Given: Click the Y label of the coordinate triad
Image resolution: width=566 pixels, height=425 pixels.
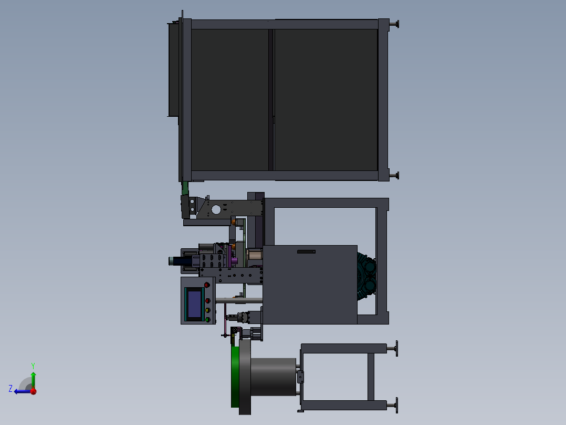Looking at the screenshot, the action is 33,366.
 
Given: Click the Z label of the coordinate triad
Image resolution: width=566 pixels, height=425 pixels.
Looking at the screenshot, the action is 11,389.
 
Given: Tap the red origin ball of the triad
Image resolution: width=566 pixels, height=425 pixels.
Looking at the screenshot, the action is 33,391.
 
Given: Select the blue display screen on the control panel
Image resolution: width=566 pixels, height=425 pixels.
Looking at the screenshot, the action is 195,304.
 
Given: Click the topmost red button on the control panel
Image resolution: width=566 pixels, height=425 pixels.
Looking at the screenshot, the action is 207,285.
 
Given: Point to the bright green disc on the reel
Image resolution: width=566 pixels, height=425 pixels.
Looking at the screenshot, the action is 235,377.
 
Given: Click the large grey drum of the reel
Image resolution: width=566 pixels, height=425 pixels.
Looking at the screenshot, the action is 273,377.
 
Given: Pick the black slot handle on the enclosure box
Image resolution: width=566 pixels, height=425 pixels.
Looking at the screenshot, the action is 306,252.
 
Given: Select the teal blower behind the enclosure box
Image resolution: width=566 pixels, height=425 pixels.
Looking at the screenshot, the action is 366,277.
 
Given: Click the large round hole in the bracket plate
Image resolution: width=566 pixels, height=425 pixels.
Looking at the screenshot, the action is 216,209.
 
